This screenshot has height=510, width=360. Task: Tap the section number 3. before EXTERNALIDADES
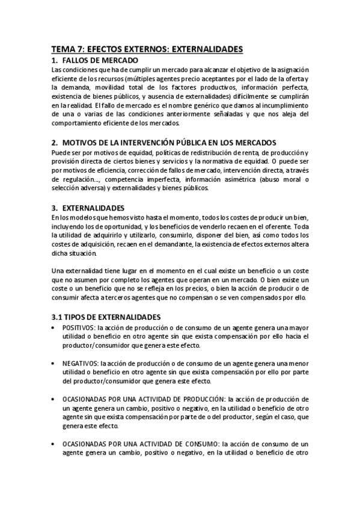coord(55,207)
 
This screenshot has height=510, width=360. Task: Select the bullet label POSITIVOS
coord(78,327)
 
